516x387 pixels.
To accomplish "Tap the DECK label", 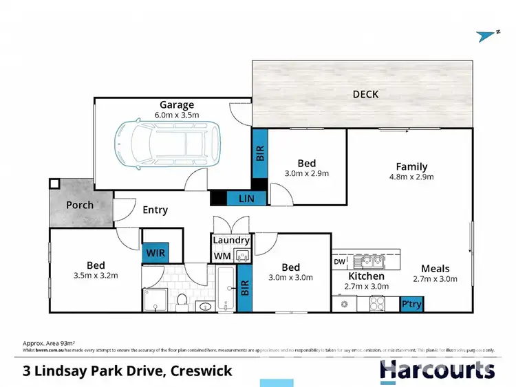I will coord(365,94).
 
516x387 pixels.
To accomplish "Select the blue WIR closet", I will coord(154,253).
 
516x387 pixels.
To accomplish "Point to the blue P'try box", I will coord(411,303).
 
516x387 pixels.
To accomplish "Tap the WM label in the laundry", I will coord(222,256).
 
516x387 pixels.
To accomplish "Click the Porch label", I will coord(80,205).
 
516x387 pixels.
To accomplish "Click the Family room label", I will coord(411,166).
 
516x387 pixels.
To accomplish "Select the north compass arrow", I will coord(487,36).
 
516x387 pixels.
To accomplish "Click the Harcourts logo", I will coord(437,370).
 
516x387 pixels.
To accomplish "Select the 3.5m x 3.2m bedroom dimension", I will coord(96,276).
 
